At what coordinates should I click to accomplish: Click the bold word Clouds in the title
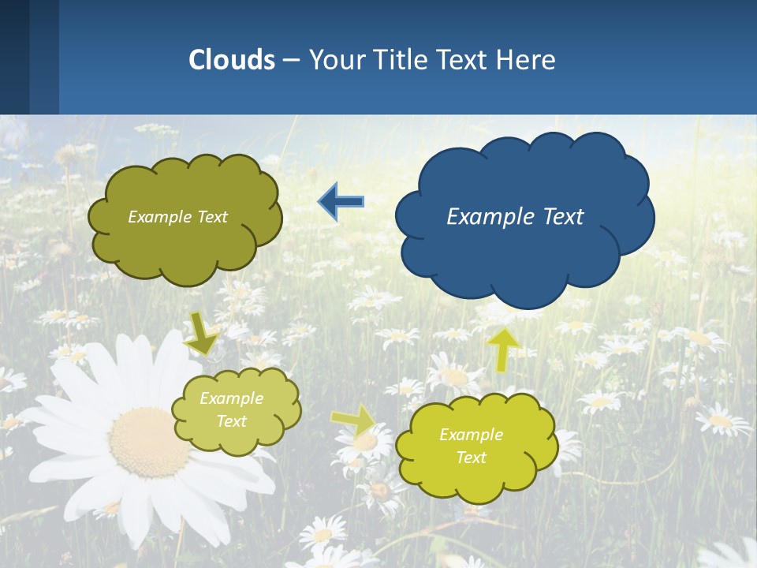[x=232, y=60]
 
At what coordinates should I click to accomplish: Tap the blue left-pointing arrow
[x=341, y=202]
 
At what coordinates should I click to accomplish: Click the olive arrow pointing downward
[x=202, y=333]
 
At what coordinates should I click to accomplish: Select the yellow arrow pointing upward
[x=503, y=349]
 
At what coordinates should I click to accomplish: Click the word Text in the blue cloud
[x=561, y=217]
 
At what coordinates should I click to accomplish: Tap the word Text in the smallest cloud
[x=232, y=421]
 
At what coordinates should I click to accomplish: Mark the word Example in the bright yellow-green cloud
[x=471, y=435]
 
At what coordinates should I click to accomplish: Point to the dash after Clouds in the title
[x=291, y=61]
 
